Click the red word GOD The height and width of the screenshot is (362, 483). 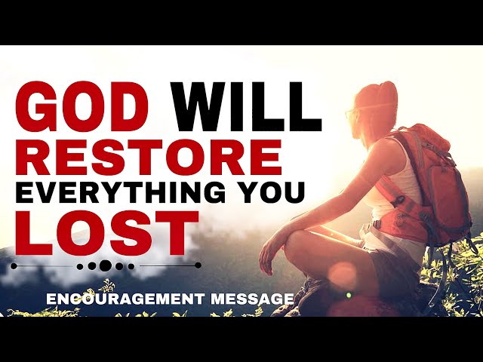tap(82, 107)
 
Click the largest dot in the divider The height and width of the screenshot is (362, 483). tap(106, 265)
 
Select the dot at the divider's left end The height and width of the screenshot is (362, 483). tap(14, 266)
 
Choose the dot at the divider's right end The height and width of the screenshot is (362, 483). tap(198, 265)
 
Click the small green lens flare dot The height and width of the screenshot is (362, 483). tap(349, 295)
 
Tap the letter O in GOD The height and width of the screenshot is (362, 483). tap(83, 107)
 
